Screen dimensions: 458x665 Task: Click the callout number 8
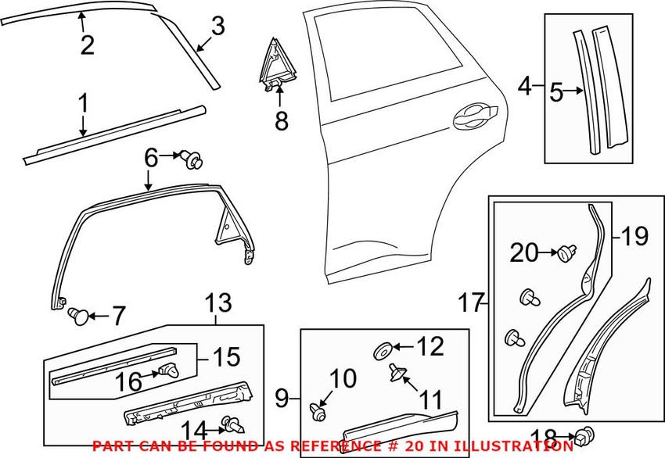pos(281,121)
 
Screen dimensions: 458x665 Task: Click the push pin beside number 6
pos(192,160)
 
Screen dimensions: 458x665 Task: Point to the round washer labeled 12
pos(383,348)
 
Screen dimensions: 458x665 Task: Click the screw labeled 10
pos(317,409)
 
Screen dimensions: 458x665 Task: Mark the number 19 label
pos(634,234)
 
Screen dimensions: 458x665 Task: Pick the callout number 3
pos(217,27)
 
